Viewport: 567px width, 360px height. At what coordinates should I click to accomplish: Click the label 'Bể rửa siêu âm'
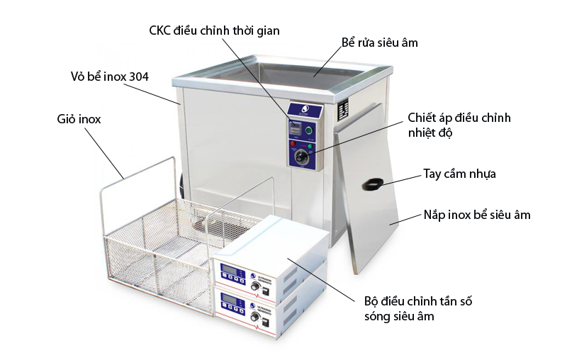(x=380, y=43)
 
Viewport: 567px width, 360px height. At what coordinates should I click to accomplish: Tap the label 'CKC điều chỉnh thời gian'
(x=215, y=30)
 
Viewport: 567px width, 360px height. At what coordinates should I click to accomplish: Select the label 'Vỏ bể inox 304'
(x=110, y=77)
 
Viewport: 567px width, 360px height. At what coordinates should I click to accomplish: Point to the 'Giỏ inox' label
(x=79, y=119)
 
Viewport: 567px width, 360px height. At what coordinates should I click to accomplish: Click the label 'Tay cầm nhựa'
(x=459, y=174)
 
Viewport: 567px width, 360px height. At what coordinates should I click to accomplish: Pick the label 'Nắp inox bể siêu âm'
(x=477, y=215)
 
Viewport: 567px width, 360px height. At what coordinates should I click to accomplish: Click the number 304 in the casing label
(x=138, y=77)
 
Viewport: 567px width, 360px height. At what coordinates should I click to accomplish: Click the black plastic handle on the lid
(x=373, y=184)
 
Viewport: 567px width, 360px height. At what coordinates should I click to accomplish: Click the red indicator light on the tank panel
(x=293, y=144)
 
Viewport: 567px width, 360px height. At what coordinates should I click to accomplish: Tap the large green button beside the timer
(x=308, y=130)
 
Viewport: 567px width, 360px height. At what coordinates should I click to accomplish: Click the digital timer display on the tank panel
(x=296, y=128)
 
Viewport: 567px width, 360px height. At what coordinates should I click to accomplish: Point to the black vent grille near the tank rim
(x=343, y=109)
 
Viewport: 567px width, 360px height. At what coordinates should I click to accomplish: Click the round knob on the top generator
(x=256, y=286)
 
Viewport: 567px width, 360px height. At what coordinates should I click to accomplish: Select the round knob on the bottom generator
(x=255, y=317)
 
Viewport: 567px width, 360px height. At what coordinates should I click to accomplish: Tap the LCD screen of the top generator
(x=231, y=269)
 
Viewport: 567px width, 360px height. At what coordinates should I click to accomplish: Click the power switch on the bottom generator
(x=266, y=322)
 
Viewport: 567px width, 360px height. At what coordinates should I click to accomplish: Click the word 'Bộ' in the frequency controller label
(x=371, y=301)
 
